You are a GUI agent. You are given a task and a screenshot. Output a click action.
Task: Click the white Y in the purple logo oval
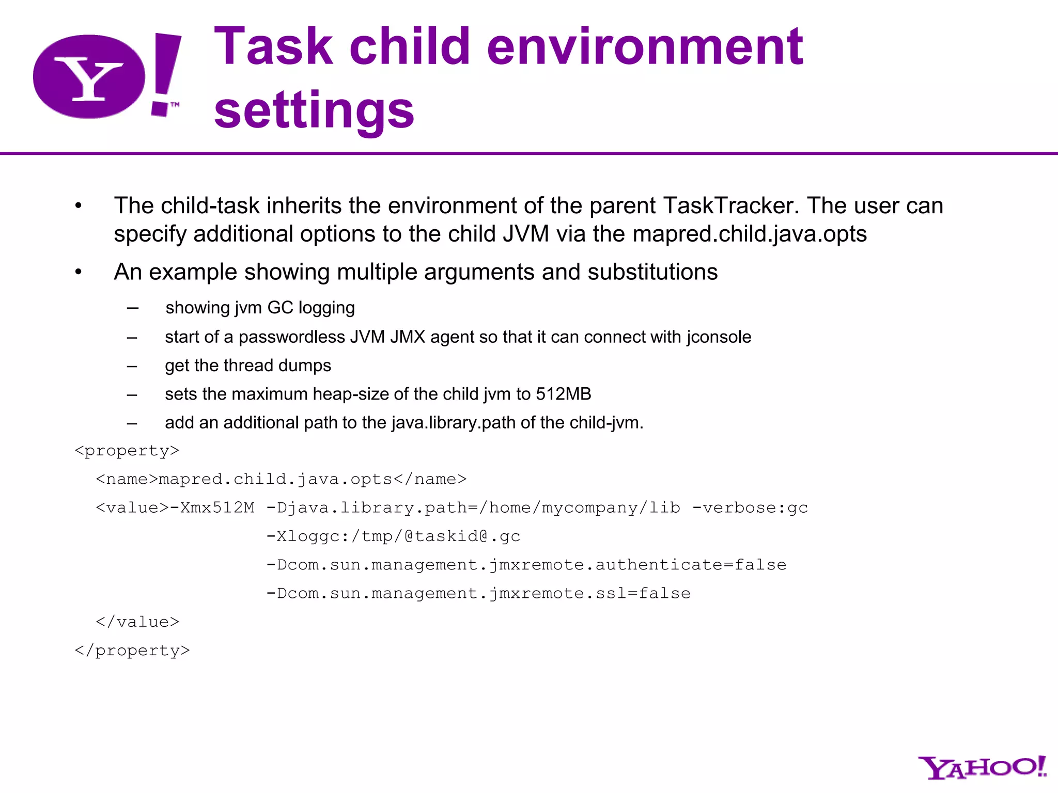(x=89, y=79)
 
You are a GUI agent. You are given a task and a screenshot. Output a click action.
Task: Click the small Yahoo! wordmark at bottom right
(x=982, y=768)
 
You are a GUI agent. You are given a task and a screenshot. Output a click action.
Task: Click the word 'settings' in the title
(x=314, y=109)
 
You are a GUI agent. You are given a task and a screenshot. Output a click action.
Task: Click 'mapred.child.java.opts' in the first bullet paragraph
(x=749, y=234)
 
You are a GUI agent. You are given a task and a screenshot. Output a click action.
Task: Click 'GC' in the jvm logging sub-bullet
(x=281, y=308)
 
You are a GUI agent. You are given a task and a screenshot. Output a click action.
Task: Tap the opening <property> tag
(x=127, y=451)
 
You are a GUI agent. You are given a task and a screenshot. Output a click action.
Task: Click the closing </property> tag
(x=132, y=651)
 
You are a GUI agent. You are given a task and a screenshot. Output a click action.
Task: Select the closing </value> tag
(x=137, y=622)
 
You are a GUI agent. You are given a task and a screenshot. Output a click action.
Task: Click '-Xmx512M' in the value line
(x=212, y=508)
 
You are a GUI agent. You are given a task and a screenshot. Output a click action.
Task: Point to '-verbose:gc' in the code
(x=750, y=508)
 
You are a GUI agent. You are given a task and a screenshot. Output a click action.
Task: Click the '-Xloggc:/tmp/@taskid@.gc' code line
(x=393, y=536)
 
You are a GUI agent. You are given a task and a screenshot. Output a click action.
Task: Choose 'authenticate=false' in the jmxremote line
(x=691, y=565)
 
